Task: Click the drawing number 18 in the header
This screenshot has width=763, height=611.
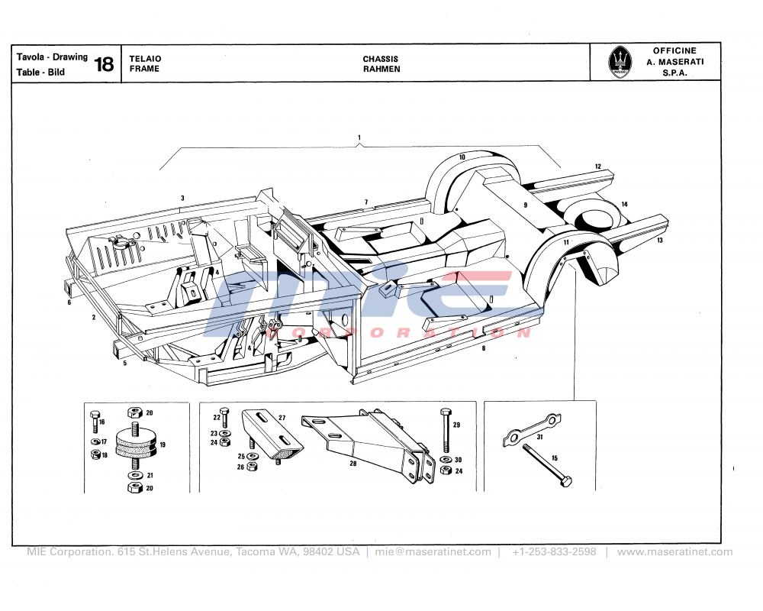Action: click(x=105, y=65)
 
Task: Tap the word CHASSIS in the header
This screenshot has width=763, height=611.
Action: click(x=380, y=59)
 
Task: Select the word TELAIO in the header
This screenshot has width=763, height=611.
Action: click(x=145, y=59)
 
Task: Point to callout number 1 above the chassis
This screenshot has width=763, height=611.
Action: click(x=359, y=137)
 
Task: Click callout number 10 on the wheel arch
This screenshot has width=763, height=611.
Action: click(x=462, y=157)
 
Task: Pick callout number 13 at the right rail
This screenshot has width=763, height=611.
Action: click(x=659, y=240)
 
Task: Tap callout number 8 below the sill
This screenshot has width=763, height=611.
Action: click(x=484, y=348)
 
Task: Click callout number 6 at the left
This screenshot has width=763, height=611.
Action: click(x=69, y=302)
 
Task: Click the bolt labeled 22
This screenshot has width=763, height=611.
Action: click(x=224, y=417)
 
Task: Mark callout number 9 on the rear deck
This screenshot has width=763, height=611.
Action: click(x=526, y=205)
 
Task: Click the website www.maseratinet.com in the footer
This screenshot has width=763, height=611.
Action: click(x=674, y=551)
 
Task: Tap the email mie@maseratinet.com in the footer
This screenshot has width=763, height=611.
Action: click(x=433, y=551)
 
